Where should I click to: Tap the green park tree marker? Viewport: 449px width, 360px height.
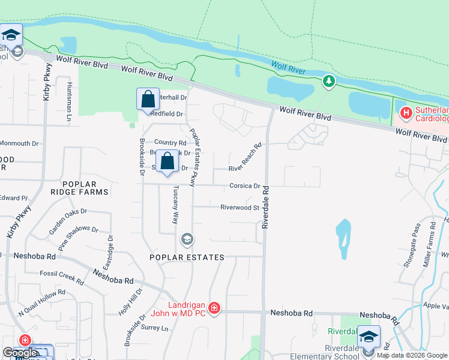pos(328,80)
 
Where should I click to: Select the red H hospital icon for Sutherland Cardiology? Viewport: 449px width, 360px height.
pos(406,112)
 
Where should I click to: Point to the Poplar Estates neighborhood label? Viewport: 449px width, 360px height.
pos(187,257)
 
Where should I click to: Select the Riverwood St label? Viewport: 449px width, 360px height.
pos(239,208)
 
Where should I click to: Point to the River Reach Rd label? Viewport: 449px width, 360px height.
pos(246,158)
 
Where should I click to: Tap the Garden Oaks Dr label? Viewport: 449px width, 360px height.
pos(68,218)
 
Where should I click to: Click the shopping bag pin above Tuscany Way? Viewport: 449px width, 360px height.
pos(167,161)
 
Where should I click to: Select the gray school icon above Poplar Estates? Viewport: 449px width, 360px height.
pos(187,240)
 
